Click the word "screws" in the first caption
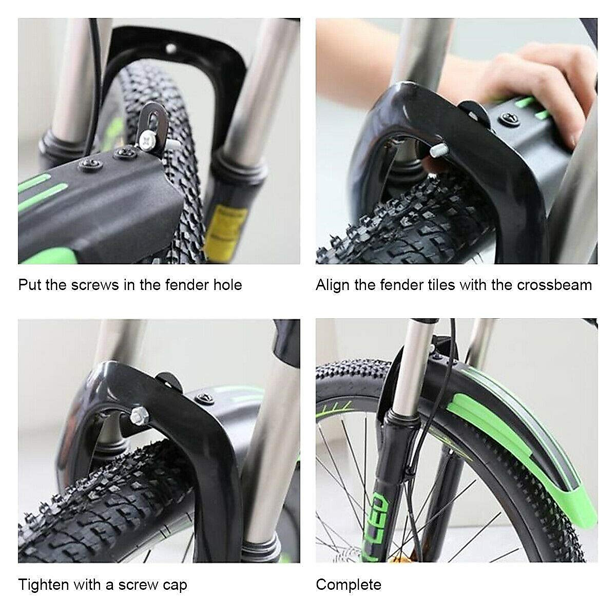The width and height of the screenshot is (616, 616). [x=95, y=285]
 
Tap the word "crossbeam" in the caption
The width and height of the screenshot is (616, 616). [x=554, y=285]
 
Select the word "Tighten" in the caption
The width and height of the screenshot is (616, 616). [x=44, y=585]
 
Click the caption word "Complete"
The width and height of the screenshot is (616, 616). [x=349, y=585]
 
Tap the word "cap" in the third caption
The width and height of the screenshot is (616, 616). [x=175, y=586]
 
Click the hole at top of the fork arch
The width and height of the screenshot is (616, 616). [x=171, y=49]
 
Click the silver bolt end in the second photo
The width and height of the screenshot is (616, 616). [x=438, y=150]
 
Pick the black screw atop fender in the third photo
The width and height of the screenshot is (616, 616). [x=205, y=399]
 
